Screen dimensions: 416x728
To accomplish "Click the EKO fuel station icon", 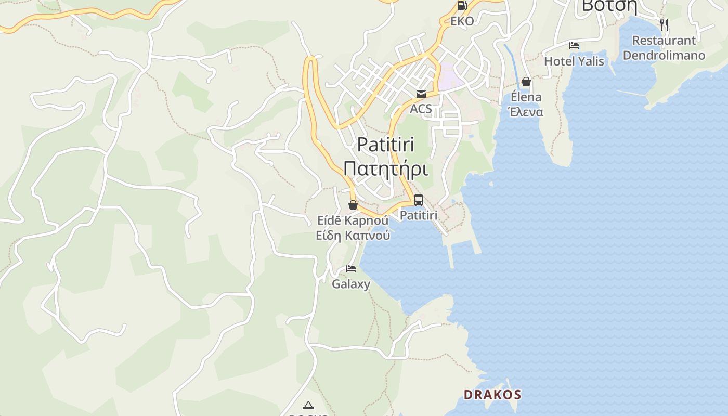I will click(x=462, y=6).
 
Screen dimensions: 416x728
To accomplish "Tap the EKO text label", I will click(x=462, y=21).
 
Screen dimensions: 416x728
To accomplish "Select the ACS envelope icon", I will click(x=421, y=94).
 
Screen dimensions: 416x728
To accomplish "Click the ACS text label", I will click(x=421, y=109).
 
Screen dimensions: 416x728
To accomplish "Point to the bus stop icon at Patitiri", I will click(x=419, y=200).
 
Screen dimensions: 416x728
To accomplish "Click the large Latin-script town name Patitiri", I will click(x=385, y=145).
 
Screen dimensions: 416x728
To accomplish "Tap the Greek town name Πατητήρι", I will click(x=385, y=169).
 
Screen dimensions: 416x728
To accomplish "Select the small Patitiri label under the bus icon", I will click(x=419, y=215).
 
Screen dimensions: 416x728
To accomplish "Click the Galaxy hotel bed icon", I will click(x=351, y=269).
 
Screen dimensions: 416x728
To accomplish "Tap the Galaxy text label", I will click(x=351, y=284).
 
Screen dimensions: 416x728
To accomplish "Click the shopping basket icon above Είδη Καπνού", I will click(x=353, y=205).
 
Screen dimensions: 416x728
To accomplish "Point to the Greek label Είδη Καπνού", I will click(x=353, y=235).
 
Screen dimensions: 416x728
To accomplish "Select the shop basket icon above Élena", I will click(x=526, y=82).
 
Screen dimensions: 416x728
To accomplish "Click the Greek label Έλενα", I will click(x=526, y=112).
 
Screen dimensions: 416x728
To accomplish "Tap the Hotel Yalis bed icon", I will click(x=574, y=46).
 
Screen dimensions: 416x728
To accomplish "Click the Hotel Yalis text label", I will click(x=574, y=61).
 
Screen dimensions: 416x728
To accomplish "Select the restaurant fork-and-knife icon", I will click(x=664, y=24).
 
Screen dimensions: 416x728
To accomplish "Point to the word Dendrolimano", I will click(x=664, y=55).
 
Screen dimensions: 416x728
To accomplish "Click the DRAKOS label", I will click(x=492, y=394).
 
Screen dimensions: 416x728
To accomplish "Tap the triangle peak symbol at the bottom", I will click(x=308, y=405).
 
